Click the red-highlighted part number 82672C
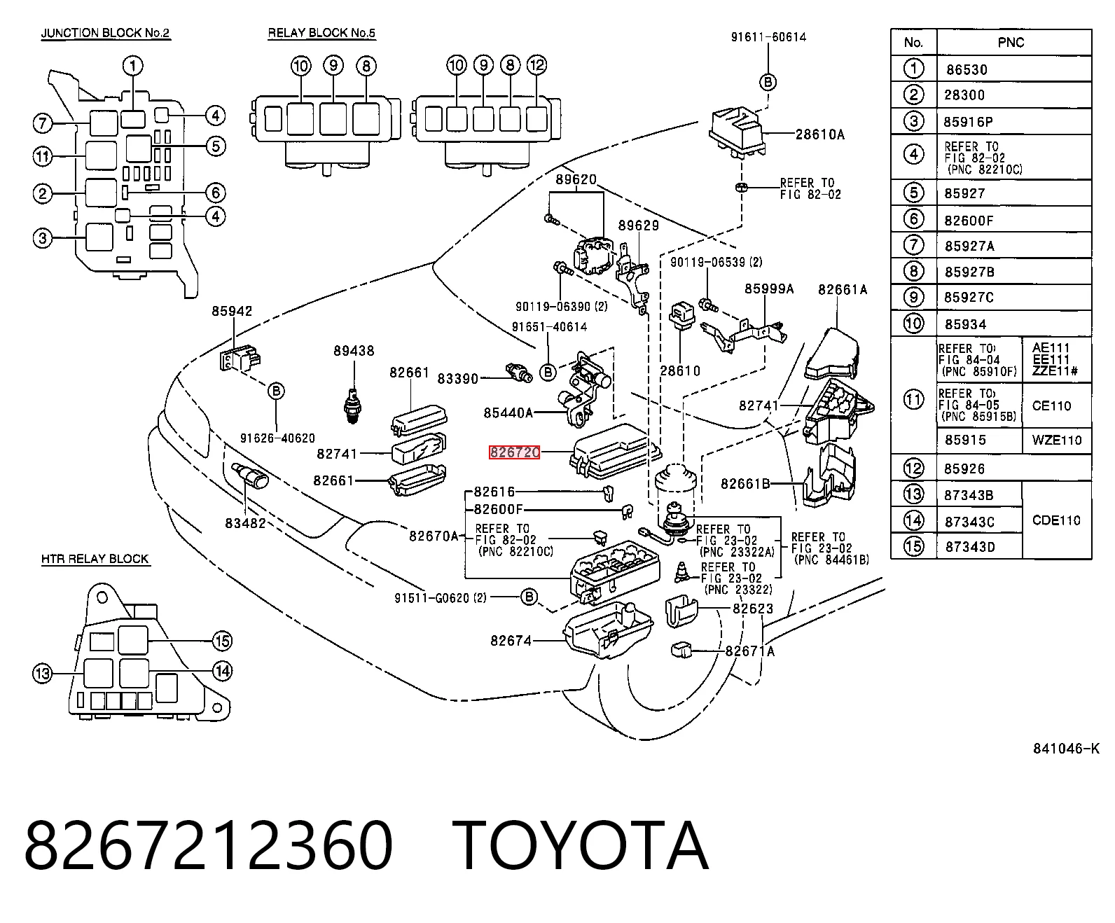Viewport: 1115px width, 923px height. (x=514, y=452)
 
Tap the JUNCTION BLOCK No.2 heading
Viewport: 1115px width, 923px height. (x=106, y=33)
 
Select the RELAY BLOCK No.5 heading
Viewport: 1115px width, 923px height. (x=321, y=33)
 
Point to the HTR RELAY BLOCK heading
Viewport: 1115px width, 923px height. (x=95, y=559)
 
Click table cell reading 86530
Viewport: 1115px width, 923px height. (x=967, y=69)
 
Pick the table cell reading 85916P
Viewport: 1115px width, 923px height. (x=968, y=122)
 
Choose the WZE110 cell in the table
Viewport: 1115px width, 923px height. (x=1056, y=440)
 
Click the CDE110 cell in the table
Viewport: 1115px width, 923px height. (x=1056, y=520)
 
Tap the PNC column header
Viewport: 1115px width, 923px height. (x=1011, y=42)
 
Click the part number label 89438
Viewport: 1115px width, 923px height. (x=354, y=350)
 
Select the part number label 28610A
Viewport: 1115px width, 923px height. (x=819, y=134)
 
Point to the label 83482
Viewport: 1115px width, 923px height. (x=245, y=523)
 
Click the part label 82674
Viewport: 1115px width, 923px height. (x=511, y=641)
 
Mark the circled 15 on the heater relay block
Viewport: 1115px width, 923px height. (x=222, y=641)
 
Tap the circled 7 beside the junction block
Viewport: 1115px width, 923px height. (x=43, y=123)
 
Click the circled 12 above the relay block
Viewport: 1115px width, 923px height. (x=536, y=65)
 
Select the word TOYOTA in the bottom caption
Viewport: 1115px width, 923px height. (x=581, y=845)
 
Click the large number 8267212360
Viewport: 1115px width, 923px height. (x=209, y=845)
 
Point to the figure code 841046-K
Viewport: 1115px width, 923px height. (x=1066, y=749)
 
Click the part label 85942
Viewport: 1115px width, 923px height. (x=232, y=311)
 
